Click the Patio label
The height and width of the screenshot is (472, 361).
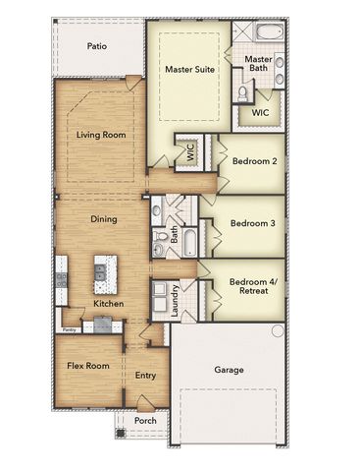tap(97, 46)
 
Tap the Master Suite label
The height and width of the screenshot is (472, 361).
tap(189, 70)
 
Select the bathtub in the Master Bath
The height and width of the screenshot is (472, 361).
tap(267, 34)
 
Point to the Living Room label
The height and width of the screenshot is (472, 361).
tap(100, 135)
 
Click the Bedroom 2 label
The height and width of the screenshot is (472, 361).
tap(254, 161)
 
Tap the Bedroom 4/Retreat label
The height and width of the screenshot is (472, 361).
tap(254, 287)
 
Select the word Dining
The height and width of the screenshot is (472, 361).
tap(104, 219)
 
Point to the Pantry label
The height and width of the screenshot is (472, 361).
tap(69, 330)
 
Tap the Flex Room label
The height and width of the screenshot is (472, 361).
tap(87, 366)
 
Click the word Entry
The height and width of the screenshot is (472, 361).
tap(145, 375)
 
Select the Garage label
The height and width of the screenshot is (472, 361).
tap(229, 370)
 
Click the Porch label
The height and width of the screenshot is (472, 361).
tap(144, 421)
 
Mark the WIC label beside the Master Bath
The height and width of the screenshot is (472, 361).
tap(260, 112)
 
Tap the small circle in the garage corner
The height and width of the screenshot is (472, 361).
tap(278, 331)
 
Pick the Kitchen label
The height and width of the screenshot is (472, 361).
tap(108, 305)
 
